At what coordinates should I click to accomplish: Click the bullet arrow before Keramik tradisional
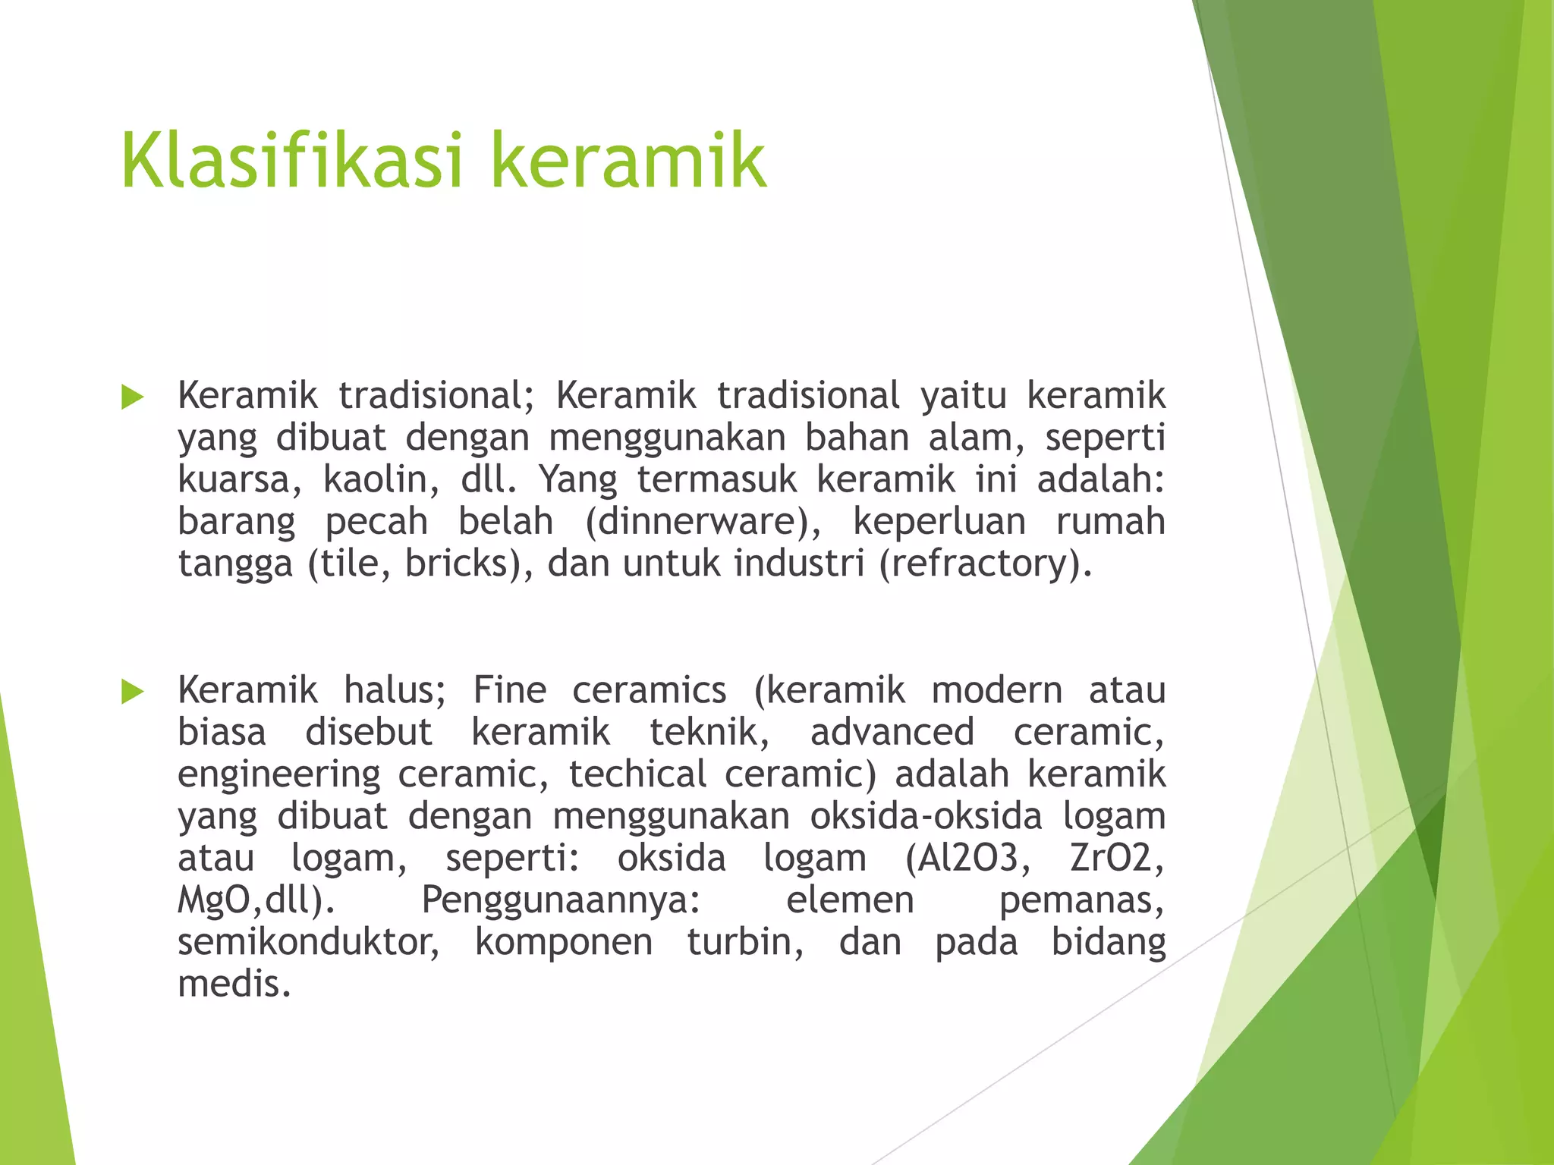tap(132, 397)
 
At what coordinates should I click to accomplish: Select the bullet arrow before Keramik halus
tap(132, 691)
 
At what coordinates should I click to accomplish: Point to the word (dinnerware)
tap(703, 522)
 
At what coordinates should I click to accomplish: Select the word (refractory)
tap(985, 564)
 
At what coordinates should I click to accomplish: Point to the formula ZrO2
tap(1116, 859)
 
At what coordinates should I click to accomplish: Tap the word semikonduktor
tap(308, 942)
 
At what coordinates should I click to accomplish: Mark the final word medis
tap(234, 984)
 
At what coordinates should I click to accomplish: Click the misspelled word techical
tap(637, 774)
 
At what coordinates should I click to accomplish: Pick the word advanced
tap(892, 733)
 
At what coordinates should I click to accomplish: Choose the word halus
tap(395, 690)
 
